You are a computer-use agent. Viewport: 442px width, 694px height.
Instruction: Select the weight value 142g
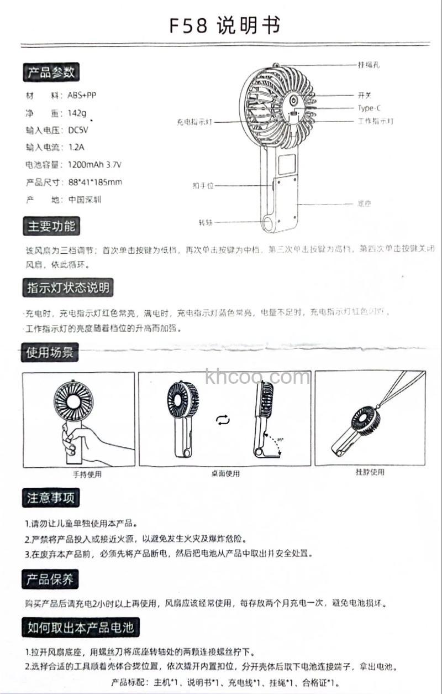point(77,113)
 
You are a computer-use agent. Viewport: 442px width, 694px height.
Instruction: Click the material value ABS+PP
point(82,95)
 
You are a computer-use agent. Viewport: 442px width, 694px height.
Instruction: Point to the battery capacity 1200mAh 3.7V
point(94,165)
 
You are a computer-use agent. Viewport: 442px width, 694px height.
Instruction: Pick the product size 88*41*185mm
point(95,182)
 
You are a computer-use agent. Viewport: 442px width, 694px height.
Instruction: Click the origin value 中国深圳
point(85,200)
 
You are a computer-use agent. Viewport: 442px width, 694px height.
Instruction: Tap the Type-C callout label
point(369,108)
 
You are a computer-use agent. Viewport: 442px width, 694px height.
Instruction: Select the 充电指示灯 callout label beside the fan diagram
point(194,122)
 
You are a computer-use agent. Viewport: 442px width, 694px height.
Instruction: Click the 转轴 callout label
point(205,223)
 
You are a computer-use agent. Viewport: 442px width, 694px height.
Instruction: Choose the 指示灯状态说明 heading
point(68,288)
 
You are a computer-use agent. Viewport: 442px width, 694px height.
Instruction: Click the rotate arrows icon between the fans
point(223,421)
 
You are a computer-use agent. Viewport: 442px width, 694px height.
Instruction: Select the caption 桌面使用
point(225,473)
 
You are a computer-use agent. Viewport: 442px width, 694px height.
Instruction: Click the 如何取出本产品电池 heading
point(80,627)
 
